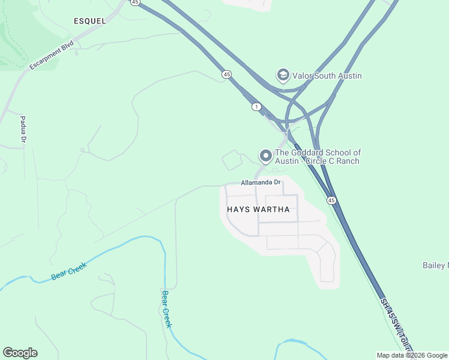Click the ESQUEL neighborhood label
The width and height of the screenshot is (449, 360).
pos(89,21)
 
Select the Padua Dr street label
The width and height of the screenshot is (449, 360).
pos(23,130)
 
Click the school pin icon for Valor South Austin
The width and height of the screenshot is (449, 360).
pos(282,75)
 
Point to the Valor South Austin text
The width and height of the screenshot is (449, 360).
pos(327,76)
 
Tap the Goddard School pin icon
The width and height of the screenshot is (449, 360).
pos(265,156)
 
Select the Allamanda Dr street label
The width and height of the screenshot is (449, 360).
pos(261,182)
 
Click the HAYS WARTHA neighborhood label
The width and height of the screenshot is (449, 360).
pos(259,210)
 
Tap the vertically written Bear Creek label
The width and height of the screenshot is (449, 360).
pos(167,309)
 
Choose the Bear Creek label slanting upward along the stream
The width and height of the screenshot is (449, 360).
pos(69,271)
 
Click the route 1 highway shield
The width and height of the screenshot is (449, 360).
pos(256,107)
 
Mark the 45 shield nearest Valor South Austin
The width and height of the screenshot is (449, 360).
pos(226,74)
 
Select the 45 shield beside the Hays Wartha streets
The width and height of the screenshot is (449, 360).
pos(331,200)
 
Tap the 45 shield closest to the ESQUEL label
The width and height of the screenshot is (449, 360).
pos(135,2)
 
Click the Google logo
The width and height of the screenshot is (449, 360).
pos(20,353)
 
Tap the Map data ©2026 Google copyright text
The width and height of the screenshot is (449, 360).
pos(411,355)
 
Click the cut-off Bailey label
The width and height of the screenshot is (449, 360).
pos(435,265)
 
